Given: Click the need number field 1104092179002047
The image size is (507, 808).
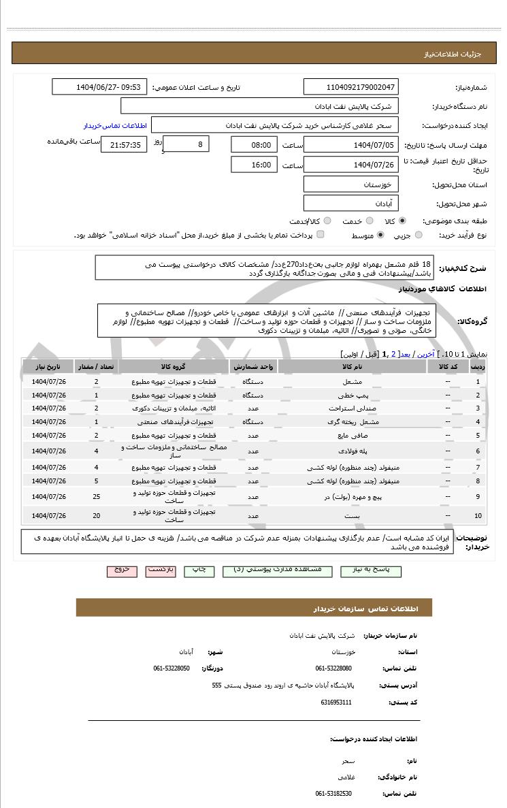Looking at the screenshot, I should tap(351, 87).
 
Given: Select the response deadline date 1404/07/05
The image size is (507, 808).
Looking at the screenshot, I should tap(351, 144).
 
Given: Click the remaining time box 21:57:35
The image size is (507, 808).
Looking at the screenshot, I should tap(122, 144).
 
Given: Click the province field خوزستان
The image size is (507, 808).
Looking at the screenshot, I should tap(351, 184).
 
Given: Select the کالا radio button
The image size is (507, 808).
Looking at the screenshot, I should tap(403, 221).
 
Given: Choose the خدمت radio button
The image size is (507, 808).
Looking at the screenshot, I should tap(370, 221).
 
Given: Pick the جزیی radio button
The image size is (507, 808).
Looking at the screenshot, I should tap(419, 235).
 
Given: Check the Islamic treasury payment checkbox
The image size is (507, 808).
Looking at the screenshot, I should tap(321, 235).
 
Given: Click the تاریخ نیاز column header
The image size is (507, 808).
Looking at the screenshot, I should tap(48, 366).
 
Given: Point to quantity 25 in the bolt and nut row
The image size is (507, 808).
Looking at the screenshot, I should tap(96, 497).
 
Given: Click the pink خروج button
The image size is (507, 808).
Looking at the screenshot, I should tap(122, 569).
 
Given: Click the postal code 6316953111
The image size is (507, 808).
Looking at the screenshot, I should tap(337, 702).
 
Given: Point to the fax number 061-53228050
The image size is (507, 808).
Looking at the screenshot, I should tap(171, 668).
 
